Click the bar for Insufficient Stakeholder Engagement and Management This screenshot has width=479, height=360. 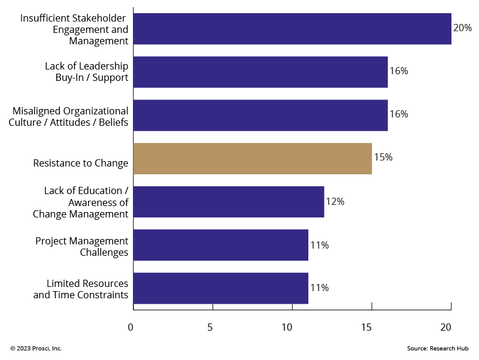click(292, 29)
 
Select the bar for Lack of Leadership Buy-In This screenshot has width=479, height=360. click(260, 72)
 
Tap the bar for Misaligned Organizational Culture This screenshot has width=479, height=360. click(260, 115)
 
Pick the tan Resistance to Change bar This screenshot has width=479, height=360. click(252, 159)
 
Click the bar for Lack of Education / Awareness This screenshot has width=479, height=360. click(228, 202)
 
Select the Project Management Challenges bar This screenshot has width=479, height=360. click(220, 245)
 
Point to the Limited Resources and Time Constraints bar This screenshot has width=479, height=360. click(220, 288)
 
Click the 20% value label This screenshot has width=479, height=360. click(462, 28)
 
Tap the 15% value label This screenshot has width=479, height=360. click(383, 158)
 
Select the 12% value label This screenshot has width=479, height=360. click(335, 201)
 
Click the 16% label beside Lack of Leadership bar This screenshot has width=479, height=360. click(399, 71)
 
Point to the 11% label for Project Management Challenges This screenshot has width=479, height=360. click(319, 245)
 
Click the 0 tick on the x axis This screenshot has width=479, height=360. click(131, 327)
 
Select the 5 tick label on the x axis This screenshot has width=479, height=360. click(210, 327)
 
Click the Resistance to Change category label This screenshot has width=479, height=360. click(81, 163)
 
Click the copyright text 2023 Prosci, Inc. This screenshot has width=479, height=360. click(36, 349)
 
